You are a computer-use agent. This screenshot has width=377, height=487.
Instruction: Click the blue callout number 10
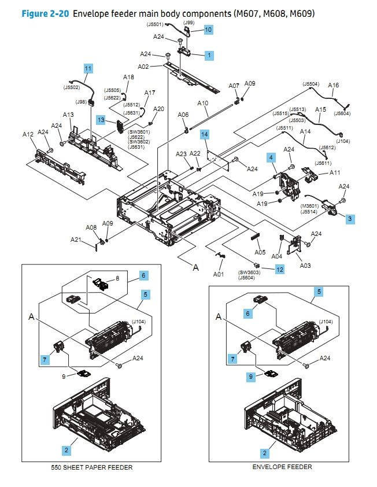coord(208,29)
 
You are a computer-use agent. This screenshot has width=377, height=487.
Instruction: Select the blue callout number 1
coord(209,56)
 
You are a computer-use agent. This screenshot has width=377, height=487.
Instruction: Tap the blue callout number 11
coord(88,68)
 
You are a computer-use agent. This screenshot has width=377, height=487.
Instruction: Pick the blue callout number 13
coord(101,120)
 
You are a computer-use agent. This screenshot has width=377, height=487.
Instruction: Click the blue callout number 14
coord(204,135)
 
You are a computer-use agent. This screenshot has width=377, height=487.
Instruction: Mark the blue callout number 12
coord(280,269)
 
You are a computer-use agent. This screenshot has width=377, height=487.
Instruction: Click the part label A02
coord(143,67)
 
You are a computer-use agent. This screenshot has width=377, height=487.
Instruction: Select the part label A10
coord(202,104)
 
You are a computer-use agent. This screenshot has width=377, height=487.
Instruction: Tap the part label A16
coord(334,86)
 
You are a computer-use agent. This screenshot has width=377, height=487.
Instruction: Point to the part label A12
coord(28,134)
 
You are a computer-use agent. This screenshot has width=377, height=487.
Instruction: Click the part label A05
coord(260,252)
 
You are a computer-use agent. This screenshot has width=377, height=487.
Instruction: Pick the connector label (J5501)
coord(155,24)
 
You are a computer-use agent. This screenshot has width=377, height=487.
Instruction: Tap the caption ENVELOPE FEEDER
coord(282,467)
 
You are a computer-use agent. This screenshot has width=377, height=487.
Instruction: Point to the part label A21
coord(76,240)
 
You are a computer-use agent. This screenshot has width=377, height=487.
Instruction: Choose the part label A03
coord(305,265)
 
